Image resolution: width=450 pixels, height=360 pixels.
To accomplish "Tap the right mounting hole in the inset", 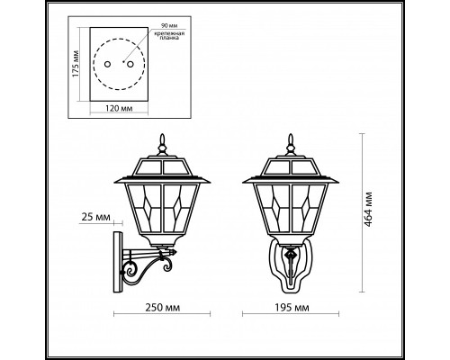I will (x=130, y=64).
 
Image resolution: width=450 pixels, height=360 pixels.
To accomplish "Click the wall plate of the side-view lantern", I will (x=115, y=260).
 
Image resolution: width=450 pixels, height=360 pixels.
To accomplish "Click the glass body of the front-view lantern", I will (x=290, y=211).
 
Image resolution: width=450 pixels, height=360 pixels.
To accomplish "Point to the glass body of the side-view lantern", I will (x=163, y=211).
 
